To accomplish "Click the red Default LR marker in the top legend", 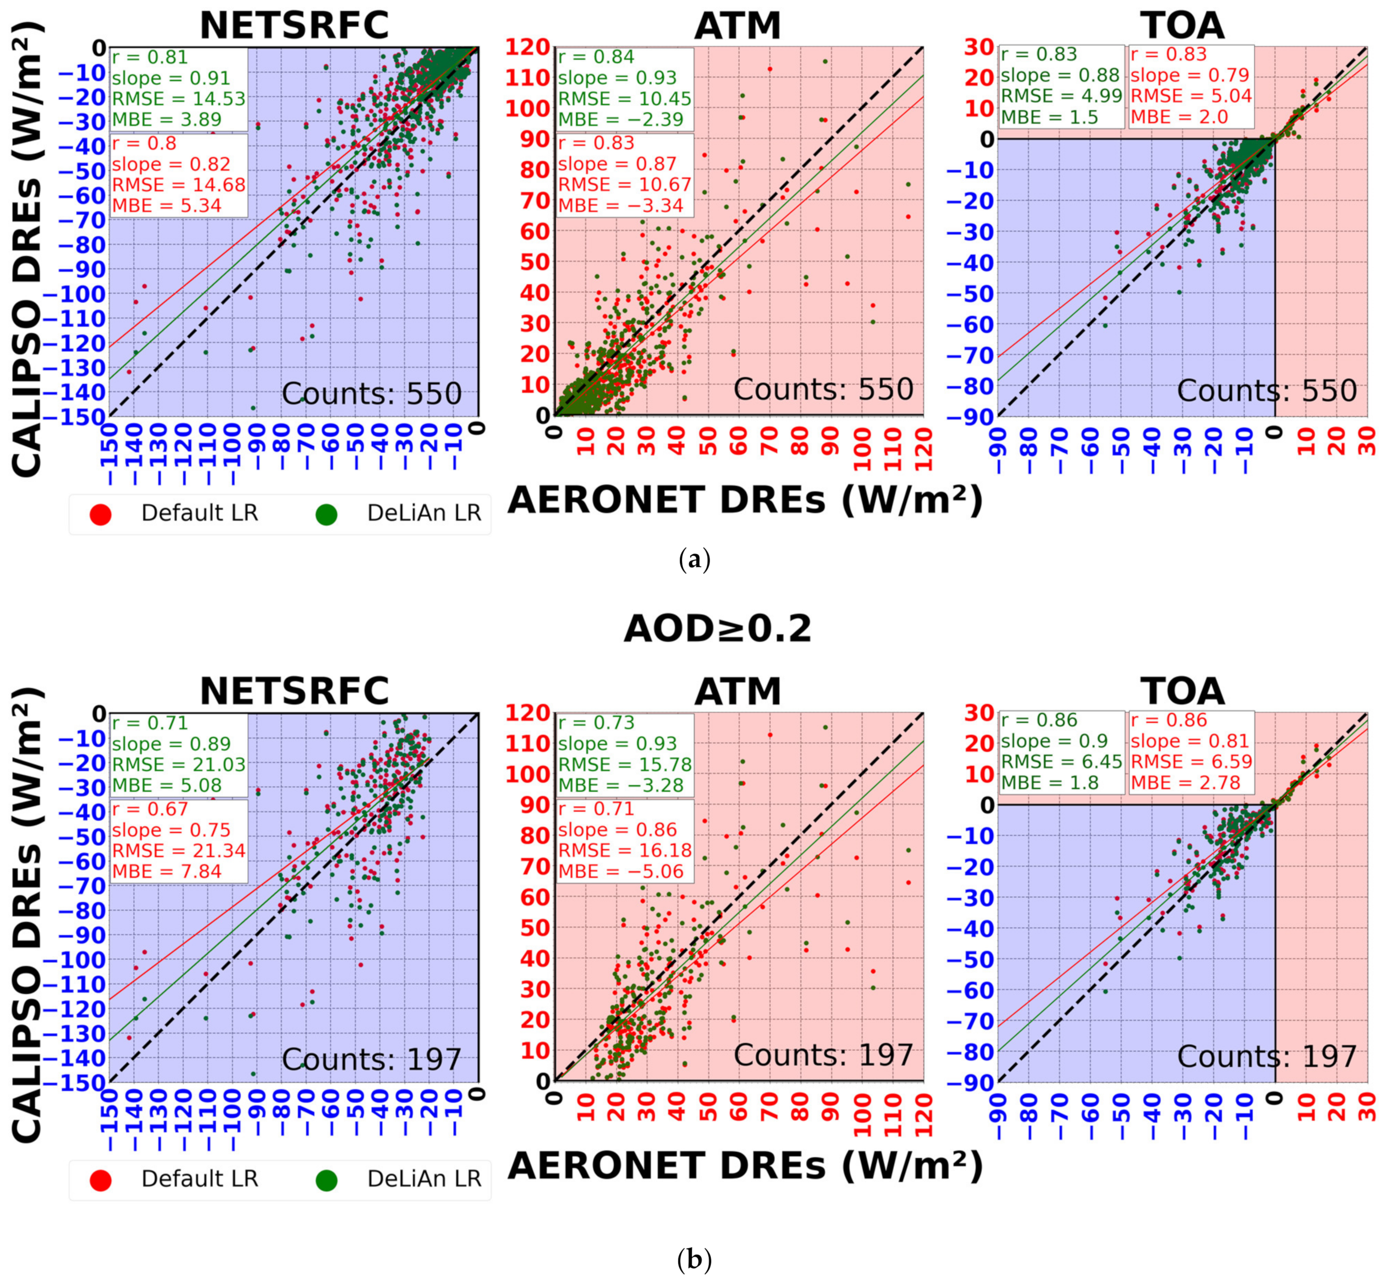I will tap(101, 514).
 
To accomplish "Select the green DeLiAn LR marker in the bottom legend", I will tap(326, 1180).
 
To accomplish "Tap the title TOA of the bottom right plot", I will tap(1182, 691).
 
